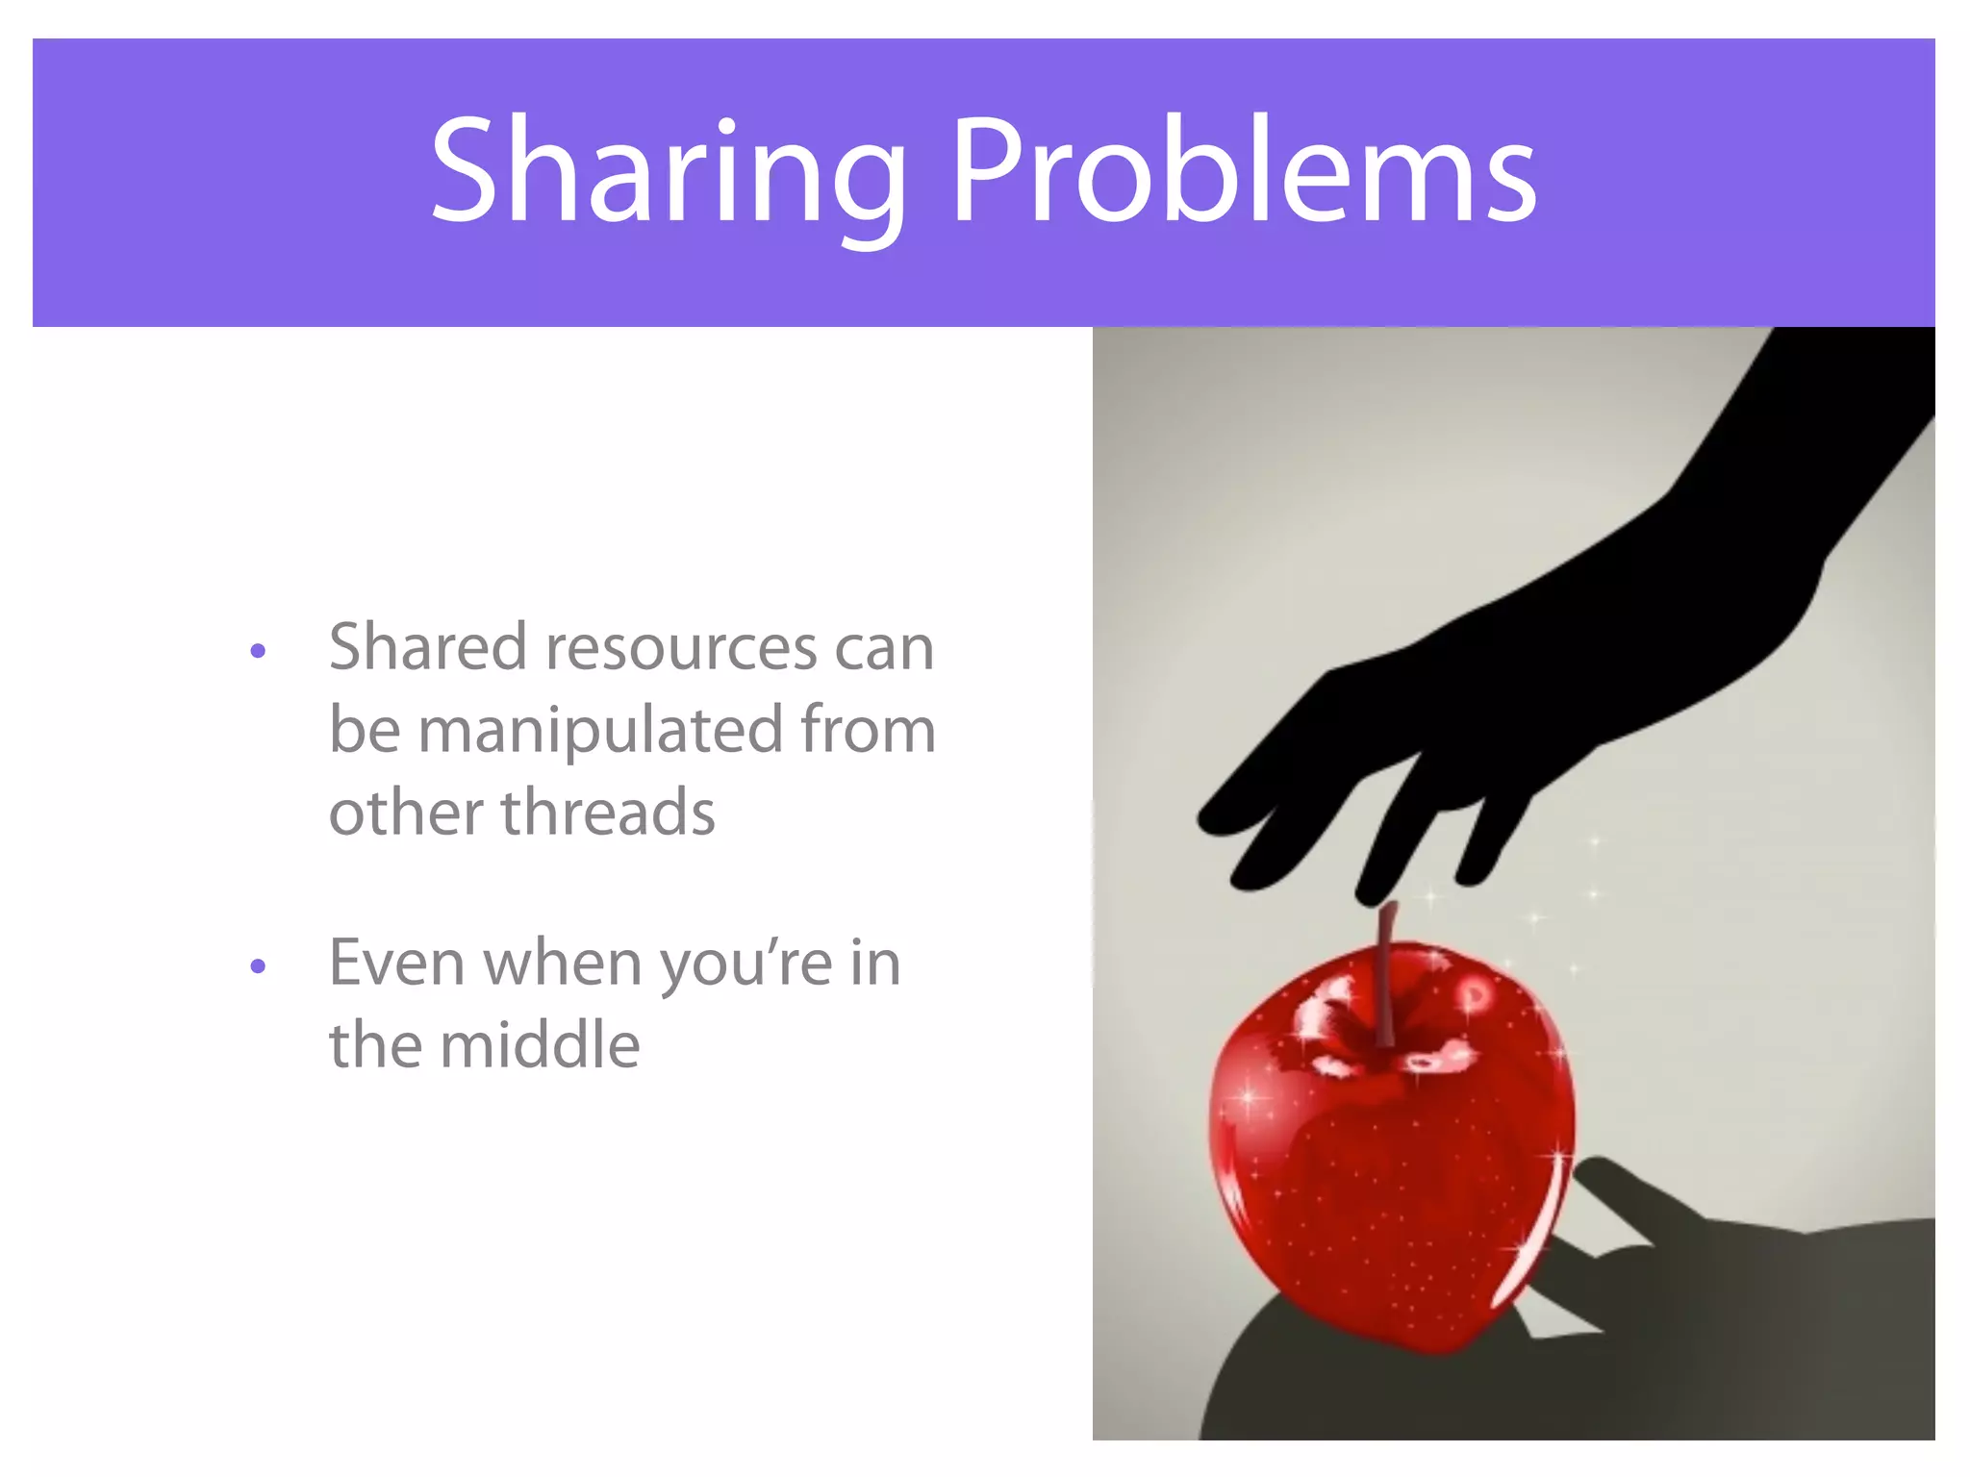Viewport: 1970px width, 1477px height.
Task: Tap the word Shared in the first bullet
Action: [x=428, y=646]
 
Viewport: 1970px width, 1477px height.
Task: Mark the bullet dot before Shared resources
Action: [x=257, y=652]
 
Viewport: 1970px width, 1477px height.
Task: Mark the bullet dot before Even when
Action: [x=257, y=965]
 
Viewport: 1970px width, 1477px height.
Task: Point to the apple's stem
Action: [x=1385, y=971]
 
